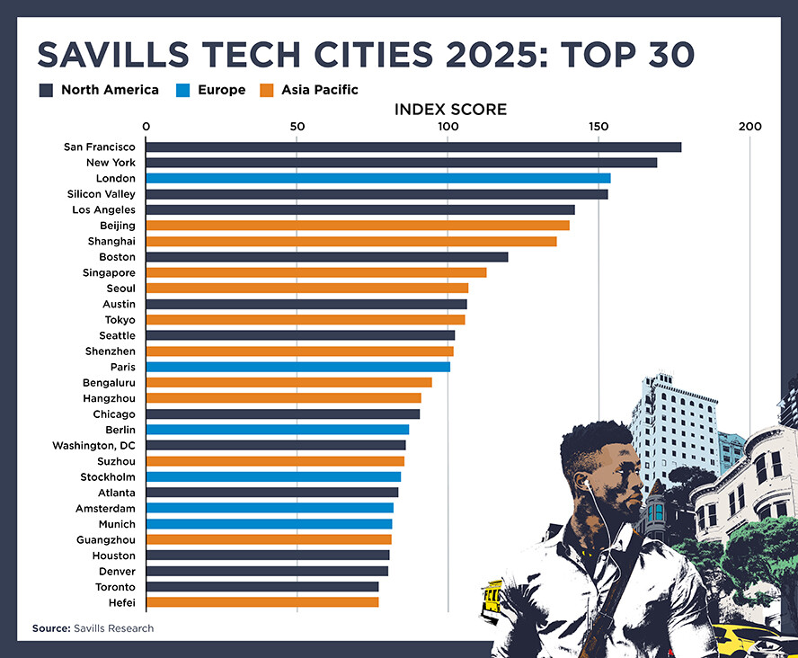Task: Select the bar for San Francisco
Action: (x=413, y=147)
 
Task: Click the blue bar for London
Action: (x=377, y=178)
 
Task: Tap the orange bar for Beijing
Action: (x=358, y=226)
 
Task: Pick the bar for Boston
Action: (x=326, y=257)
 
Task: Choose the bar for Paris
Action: (x=297, y=367)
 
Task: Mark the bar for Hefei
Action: (x=262, y=602)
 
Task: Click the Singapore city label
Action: (x=109, y=272)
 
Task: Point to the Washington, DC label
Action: (x=94, y=445)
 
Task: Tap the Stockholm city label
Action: (x=108, y=476)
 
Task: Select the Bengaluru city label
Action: (x=109, y=382)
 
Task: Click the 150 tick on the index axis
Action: (x=598, y=127)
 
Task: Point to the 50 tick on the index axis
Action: (x=297, y=127)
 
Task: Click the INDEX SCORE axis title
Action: (x=450, y=110)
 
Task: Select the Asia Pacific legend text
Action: (x=319, y=90)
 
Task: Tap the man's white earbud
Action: (x=585, y=483)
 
